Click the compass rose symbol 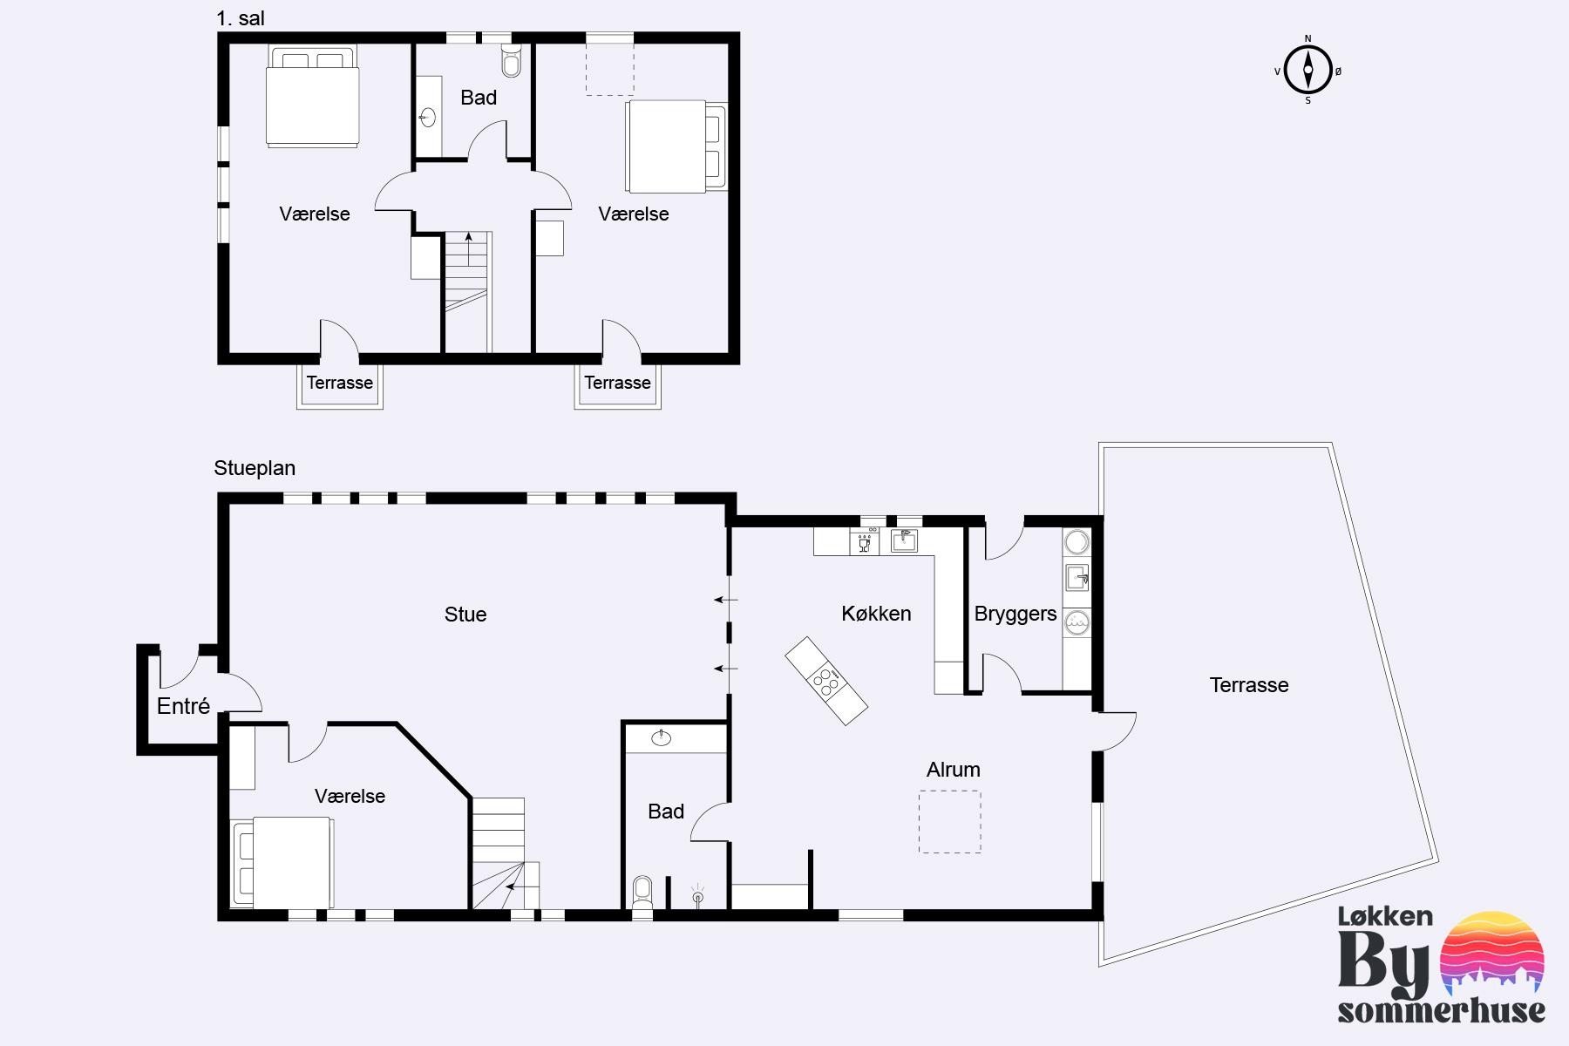point(1307,70)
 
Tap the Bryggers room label point(1015,614)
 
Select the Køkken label point(876,614)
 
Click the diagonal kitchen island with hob point(826,681)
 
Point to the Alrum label point(953,770)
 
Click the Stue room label point(465,615)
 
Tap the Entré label point(183,706)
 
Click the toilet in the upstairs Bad point(512,60)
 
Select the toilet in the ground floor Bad point(642,893)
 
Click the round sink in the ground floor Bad point(662,739)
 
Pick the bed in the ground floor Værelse point(282,863)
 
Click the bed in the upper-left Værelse point(312,96)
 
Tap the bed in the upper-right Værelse point(676,146)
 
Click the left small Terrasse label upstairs point(339,383)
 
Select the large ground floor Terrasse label point(1249,685)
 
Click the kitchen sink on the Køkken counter point(904,541)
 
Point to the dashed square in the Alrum point(949,822)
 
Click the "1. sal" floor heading point(240,18)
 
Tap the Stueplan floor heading point(255,468)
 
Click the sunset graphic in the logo point(1493,954)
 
